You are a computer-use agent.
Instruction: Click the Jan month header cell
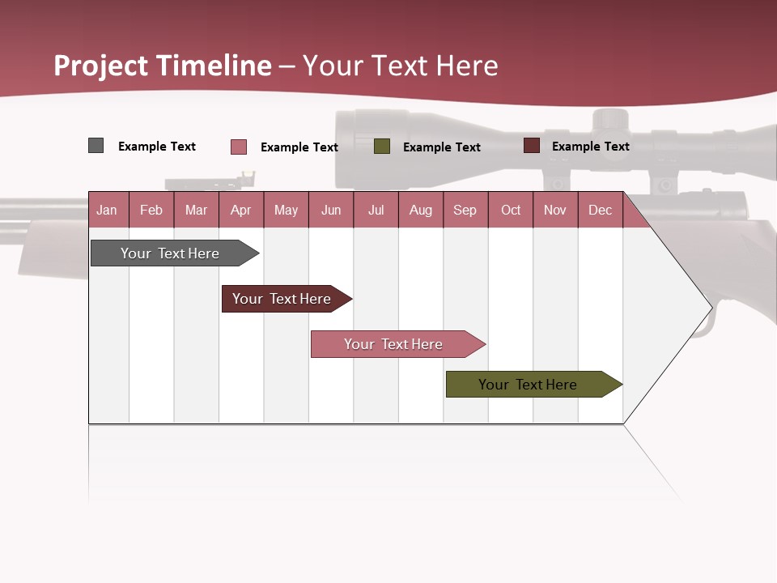point(107,211)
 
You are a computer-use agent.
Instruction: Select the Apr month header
point(240,211)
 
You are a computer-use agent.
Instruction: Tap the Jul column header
point(376,211)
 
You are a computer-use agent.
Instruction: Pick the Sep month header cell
point(465,211)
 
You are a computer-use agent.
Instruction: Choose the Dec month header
point(600,211)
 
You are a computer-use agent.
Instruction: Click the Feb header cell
point(151,211)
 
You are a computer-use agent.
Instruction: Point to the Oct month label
point(511,211)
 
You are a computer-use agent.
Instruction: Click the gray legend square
point(96,146)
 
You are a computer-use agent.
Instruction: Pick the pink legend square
point(239,147)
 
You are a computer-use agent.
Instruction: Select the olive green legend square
point(382,147)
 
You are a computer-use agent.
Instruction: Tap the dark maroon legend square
point(532,146)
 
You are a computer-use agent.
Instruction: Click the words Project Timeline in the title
point(163,66)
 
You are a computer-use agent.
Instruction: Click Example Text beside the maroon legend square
point(590,147)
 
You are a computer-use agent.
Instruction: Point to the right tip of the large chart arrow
point(711,307)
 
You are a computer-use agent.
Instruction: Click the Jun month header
point(331,211)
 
